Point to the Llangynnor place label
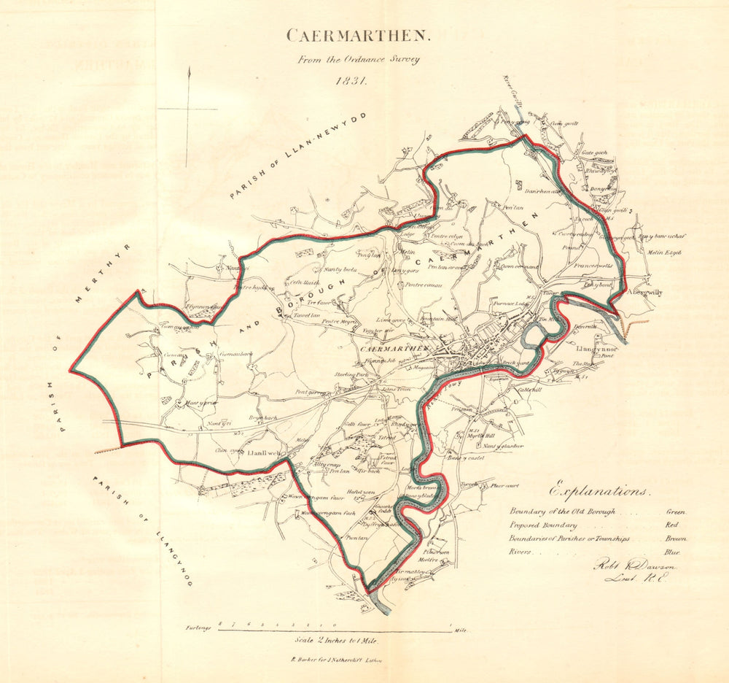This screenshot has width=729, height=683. click(597, 349)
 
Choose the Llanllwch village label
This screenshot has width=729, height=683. click(264, 454)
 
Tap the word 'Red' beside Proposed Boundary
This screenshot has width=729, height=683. click(671, 525)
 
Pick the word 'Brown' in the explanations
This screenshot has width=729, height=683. click(676, 539)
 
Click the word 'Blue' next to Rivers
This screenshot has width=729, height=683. click(672, 552)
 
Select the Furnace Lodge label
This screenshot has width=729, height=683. click(510, 303)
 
